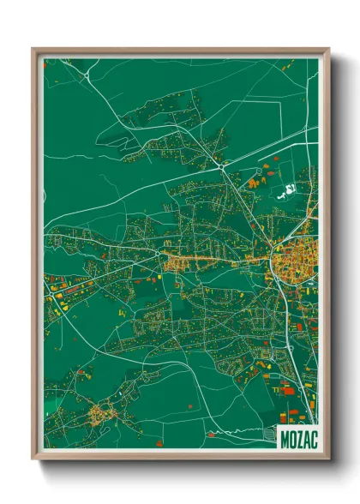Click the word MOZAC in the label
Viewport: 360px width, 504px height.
[x=297, y=437]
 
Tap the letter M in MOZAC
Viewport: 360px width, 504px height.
[x=285, y=437]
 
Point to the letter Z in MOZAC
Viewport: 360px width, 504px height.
[x=297, y=437]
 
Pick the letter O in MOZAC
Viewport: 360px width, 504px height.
[x=291, y=437]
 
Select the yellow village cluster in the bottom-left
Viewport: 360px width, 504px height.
[x=103, y=415]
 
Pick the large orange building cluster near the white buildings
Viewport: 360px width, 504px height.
[x=255, y=183]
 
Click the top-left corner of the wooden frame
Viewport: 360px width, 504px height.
[x=33, y=49]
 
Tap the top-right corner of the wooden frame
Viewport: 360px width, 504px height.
[x=328, y=49]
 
